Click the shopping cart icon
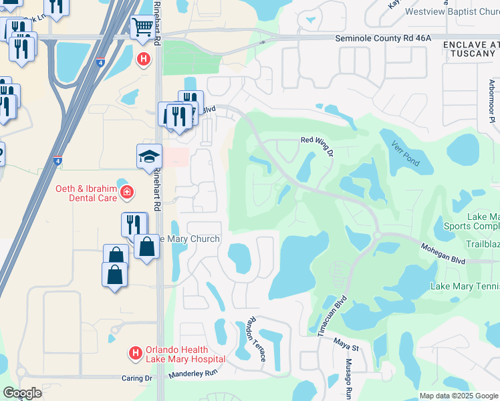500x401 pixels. (142, 28)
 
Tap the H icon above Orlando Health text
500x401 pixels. (135, 352)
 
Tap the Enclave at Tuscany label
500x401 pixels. (471, 49)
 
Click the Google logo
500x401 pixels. (22, 393)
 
